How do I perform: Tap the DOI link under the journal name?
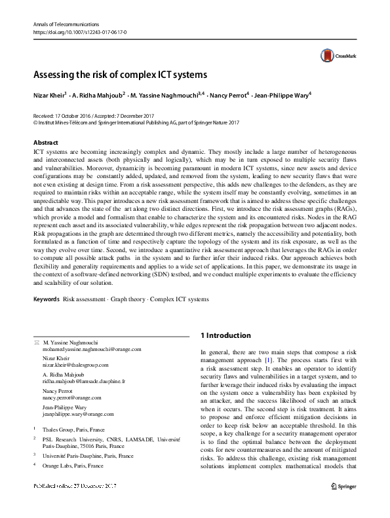coord(70,31)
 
